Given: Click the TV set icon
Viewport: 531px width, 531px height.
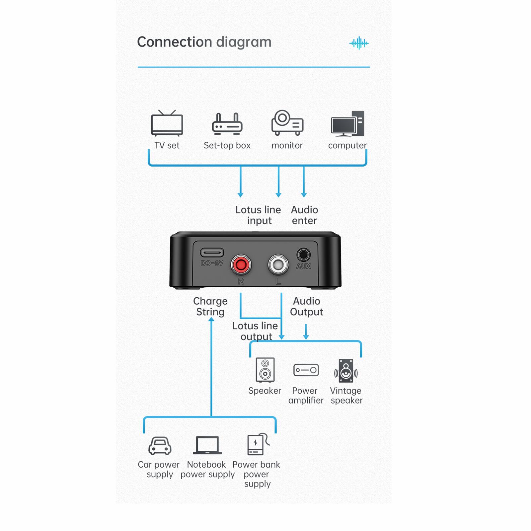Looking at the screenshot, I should (167, 124).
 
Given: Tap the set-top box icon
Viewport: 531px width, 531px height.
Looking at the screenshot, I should (227, 124).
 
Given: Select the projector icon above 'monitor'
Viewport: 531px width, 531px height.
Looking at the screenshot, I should (287, 123).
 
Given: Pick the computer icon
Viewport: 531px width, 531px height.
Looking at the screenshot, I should (347, 123).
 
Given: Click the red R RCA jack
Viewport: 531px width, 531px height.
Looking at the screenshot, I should (241, 265).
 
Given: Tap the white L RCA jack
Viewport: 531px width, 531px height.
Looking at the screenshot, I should (278, 265).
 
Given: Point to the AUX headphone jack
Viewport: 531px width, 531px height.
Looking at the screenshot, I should (303, 255).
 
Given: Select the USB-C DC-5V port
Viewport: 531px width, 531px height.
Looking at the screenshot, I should (212, 253).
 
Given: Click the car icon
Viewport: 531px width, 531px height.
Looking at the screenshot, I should (160, 445).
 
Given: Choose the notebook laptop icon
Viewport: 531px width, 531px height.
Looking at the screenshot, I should (207, 445).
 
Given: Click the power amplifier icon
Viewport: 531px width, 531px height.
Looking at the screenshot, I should (306, 370).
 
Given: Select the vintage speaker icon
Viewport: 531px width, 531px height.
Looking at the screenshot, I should (346, 370).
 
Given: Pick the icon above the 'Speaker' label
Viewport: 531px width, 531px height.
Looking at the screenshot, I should (265, 370).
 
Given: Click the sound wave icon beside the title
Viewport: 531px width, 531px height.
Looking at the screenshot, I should (359, 43).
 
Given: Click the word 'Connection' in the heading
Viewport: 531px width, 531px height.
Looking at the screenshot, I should (174, 42).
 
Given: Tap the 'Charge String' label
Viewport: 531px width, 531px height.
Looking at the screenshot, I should (210, 306).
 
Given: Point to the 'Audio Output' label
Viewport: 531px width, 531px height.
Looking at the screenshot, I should (306, 306).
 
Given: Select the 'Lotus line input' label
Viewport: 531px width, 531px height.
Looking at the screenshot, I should (258, 215).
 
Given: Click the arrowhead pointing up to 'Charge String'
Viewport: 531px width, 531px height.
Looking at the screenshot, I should (211, 319).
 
